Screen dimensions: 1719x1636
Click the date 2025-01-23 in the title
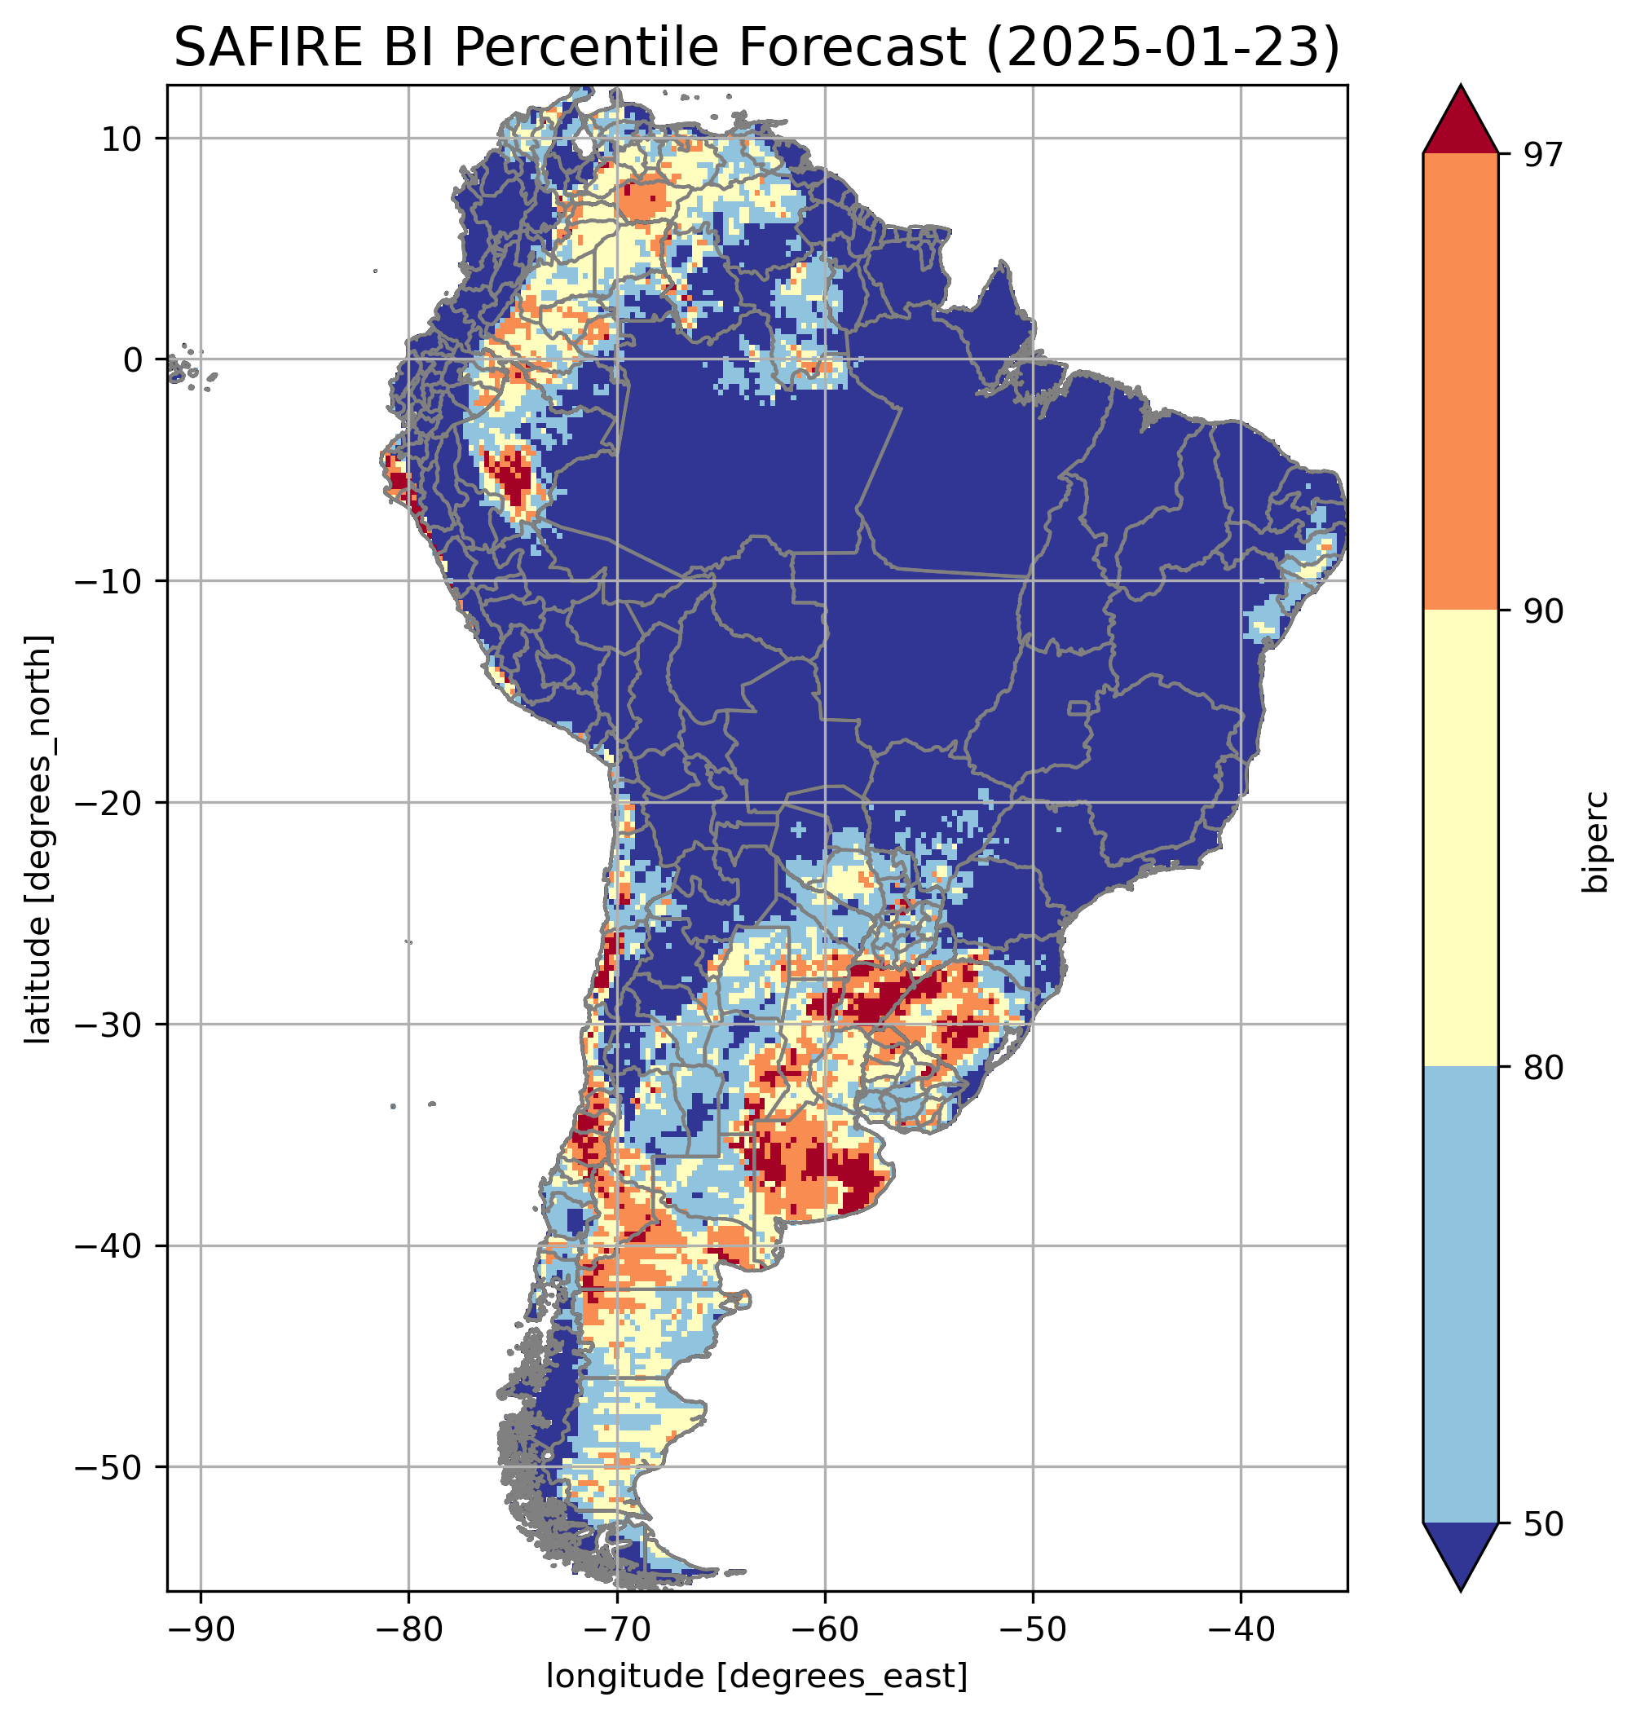click(x=1160, y=48)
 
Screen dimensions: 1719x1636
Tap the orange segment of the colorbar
click(x=1460, y=382)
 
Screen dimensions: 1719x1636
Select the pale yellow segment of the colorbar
click(x=1460, y=839)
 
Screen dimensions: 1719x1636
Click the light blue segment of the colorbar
click(x=1460, y=1295)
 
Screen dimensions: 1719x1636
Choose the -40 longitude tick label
click(x=1240, y=1629)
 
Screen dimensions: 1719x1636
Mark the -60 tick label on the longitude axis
click(x=824, y=1629)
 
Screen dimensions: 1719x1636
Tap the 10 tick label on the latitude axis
click(x=121, y=139)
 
